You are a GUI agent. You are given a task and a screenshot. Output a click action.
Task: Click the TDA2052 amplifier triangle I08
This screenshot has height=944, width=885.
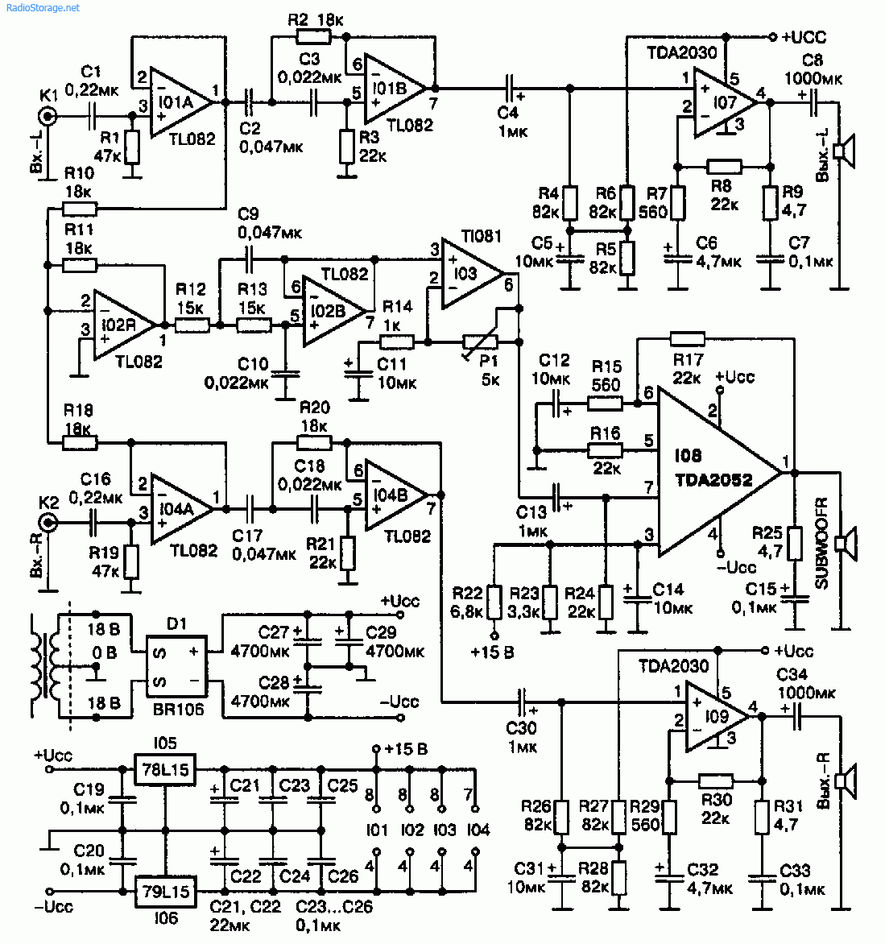point(709,471)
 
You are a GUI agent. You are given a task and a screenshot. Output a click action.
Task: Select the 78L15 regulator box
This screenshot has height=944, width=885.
point(165,769)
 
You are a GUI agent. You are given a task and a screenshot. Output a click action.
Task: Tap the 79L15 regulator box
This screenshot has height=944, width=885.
point(165,891)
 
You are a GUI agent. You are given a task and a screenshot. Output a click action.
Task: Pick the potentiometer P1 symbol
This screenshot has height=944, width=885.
point(481,343)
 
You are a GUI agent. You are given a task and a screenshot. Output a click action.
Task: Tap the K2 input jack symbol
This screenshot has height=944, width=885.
point(49,523)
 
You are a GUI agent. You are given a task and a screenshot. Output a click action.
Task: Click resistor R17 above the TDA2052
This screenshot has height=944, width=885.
point(687,339)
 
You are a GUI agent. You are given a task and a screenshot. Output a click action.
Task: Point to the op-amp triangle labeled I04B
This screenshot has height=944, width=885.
point(395,495)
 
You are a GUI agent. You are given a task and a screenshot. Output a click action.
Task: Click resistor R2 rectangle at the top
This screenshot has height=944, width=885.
point(312,36)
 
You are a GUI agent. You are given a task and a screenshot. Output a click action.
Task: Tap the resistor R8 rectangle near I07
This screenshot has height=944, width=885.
point(724,167)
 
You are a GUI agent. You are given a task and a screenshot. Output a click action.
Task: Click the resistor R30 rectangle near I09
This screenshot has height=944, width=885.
point(715,780)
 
